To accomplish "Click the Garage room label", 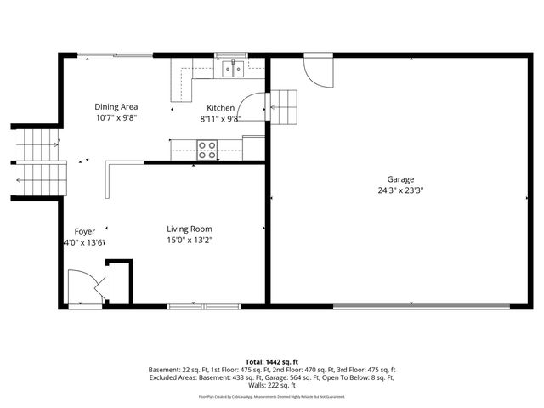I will click(x=400, y=179).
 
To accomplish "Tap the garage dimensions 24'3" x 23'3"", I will click(x=400, y=191).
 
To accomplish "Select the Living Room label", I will click(x=189, y=229).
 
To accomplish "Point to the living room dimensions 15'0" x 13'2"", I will click(x=189, y=241).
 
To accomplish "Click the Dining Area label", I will click(x=116, y=106).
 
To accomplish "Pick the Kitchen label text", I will click(x=221, y=108).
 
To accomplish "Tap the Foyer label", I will click(x=85, y=230).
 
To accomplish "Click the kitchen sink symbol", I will click(x=231, y=68).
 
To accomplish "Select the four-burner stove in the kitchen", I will click(x=207, y=150).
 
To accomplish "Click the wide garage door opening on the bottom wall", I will click(x=411, y=305).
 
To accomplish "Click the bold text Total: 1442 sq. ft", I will click(x=272, y=362).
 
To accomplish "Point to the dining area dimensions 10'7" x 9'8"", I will click(x=116, y=119).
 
